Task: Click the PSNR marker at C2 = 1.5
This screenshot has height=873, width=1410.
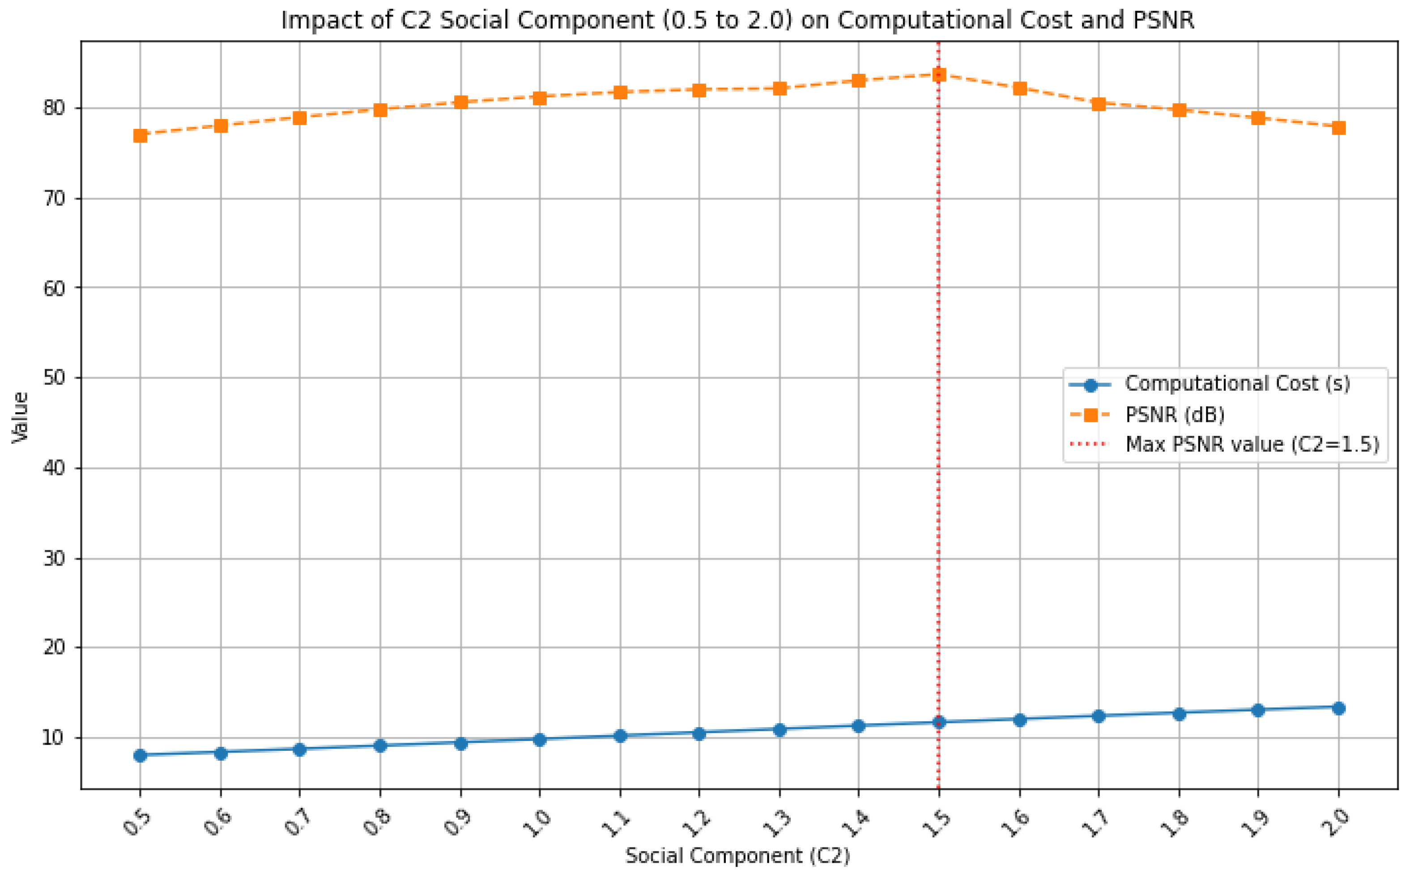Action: [939, 74]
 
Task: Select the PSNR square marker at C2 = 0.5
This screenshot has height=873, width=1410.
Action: [141, 136]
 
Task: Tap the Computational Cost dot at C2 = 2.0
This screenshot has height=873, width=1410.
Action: [1339, 708]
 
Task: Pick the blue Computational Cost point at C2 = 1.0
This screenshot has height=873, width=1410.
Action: [540, 740]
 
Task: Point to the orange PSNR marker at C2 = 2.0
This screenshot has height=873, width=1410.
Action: [1339, 128]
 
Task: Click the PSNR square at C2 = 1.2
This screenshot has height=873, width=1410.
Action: [699, 90]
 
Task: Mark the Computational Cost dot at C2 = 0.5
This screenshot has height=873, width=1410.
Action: [141, 755]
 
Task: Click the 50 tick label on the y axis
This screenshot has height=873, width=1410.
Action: [54, 378]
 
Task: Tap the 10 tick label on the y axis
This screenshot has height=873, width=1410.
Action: [54, 737]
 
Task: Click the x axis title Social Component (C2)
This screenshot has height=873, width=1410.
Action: [737, 856]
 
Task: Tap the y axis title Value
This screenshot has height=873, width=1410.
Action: [21, 417]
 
